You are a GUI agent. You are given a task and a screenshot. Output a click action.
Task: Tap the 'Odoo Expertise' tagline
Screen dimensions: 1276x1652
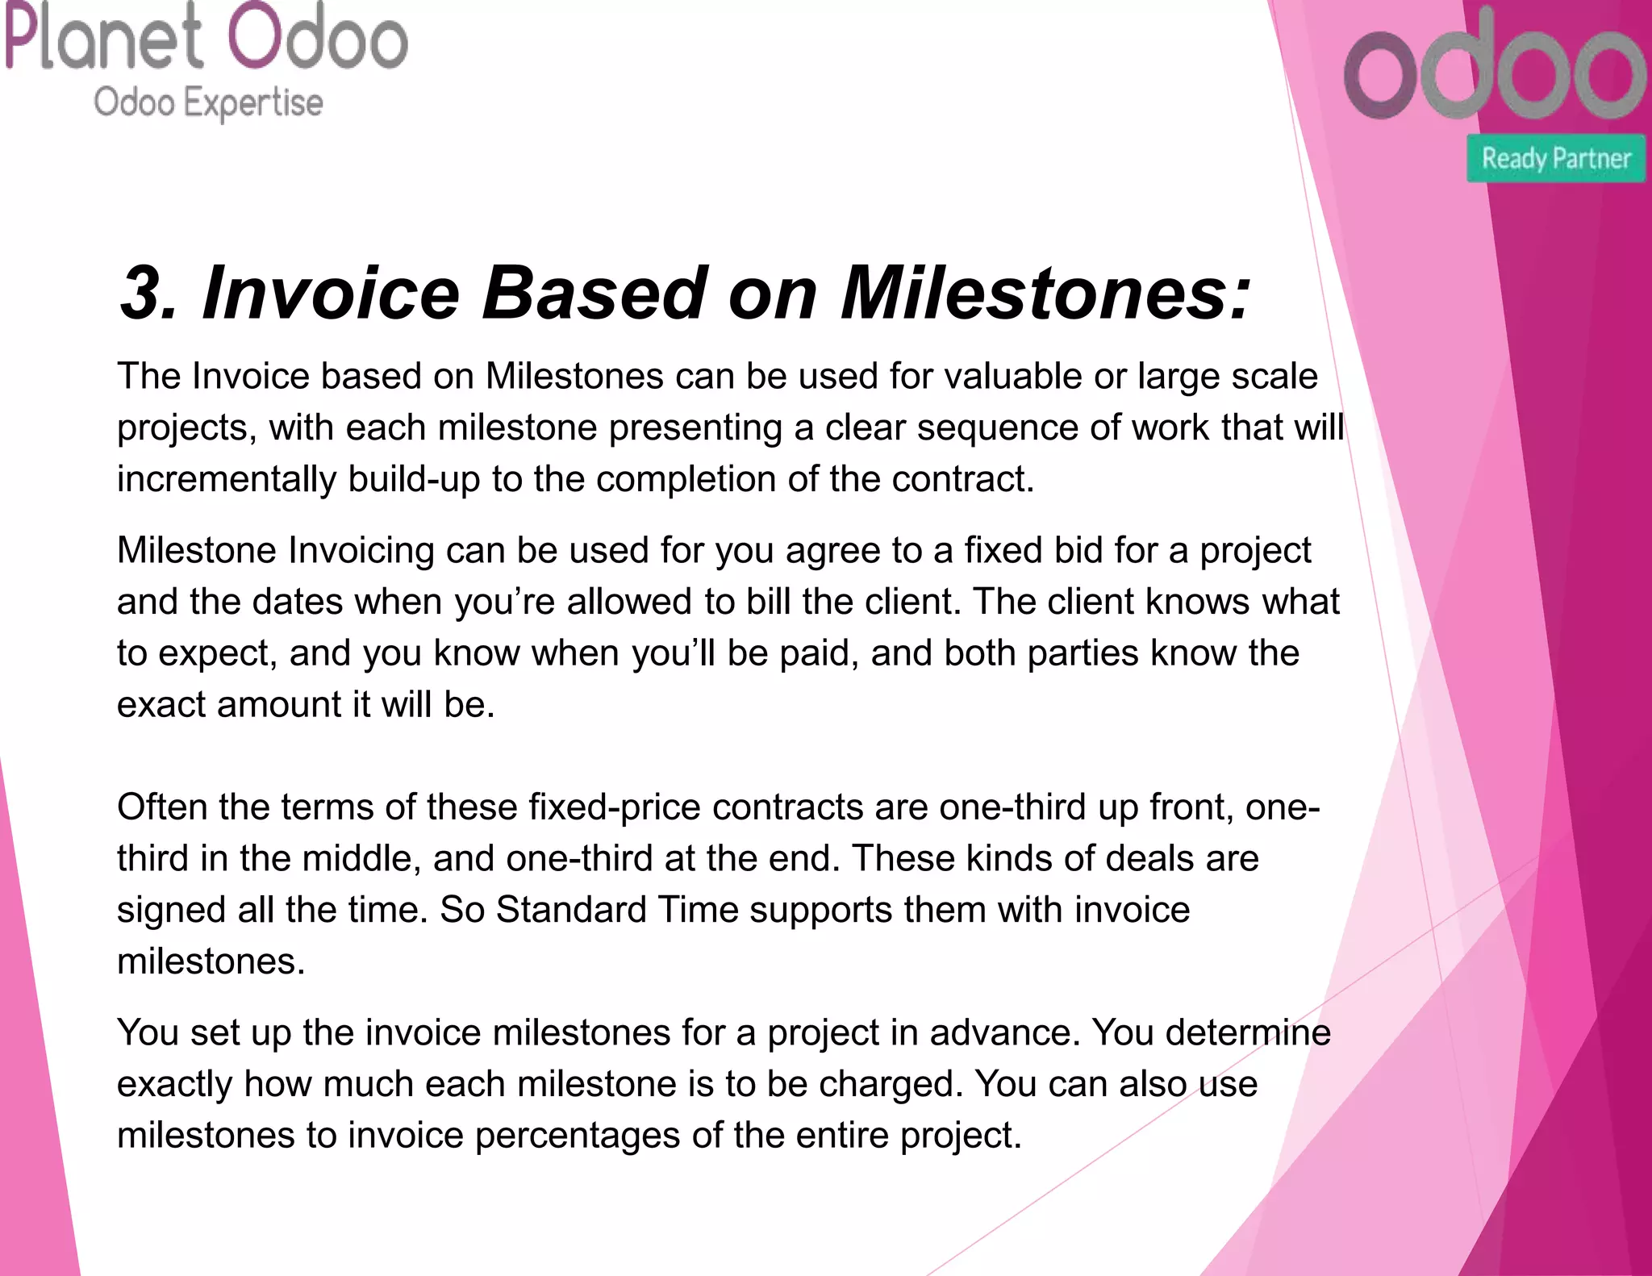pyautogui.click(x=208, y=103)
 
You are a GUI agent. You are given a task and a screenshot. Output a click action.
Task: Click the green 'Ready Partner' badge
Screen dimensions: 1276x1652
pyautogui.click(x=1555, y=158)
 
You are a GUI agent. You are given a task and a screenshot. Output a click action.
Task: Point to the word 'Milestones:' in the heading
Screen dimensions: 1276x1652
pyautogui.click(x=1045, y=293)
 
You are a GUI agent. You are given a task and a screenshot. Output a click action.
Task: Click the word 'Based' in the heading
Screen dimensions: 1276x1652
pyautogui.click(x=594, y=293)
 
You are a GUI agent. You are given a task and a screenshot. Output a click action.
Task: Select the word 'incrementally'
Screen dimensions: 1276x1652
pyautogui.click(x=227, y=480)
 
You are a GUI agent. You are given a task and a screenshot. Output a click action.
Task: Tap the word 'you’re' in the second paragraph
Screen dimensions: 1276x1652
pyautogui.click(x=504, y=603)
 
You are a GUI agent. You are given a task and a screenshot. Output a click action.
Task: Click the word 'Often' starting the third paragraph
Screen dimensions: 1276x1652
pyautogui.click(x=162, y=807)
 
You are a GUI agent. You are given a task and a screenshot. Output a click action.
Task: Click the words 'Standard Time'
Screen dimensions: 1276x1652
pyautogui.click(x=617, y=910)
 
